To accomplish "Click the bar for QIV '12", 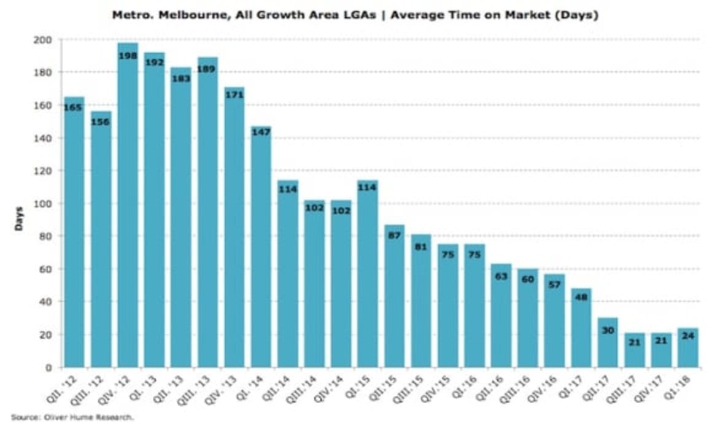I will (x=128, y=209).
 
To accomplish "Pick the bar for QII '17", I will (x=608, y=344).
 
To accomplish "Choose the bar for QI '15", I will (x=367, y=276).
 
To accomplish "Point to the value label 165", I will (x=74, y=107).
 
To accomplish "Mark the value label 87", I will (x=394, y=235).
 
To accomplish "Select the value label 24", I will (x=687, y=336).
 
